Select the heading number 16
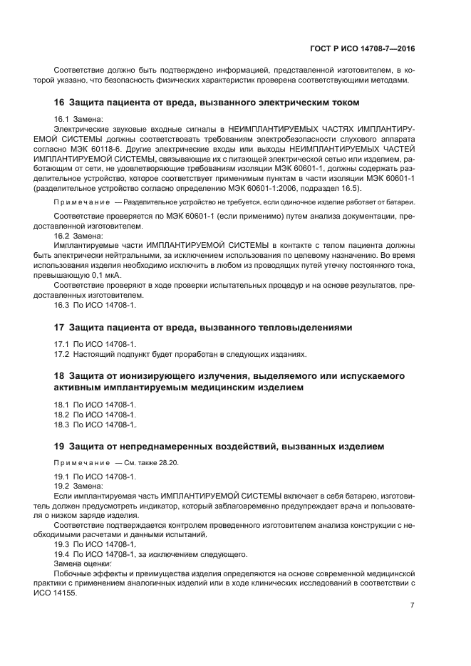pyautogui.click(x=60, y=103)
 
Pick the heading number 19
pyautogui.click(x=60, y=447)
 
